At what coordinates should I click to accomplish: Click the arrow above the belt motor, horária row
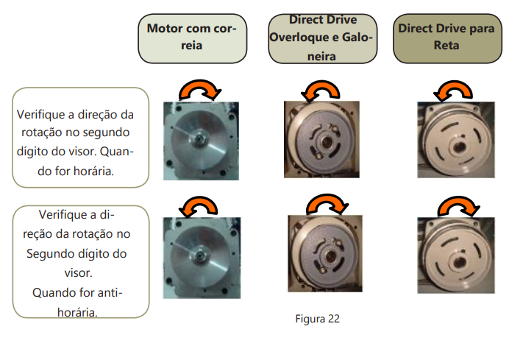click(x=199, y=90)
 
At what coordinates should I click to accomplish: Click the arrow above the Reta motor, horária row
click(x=449, y=91)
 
